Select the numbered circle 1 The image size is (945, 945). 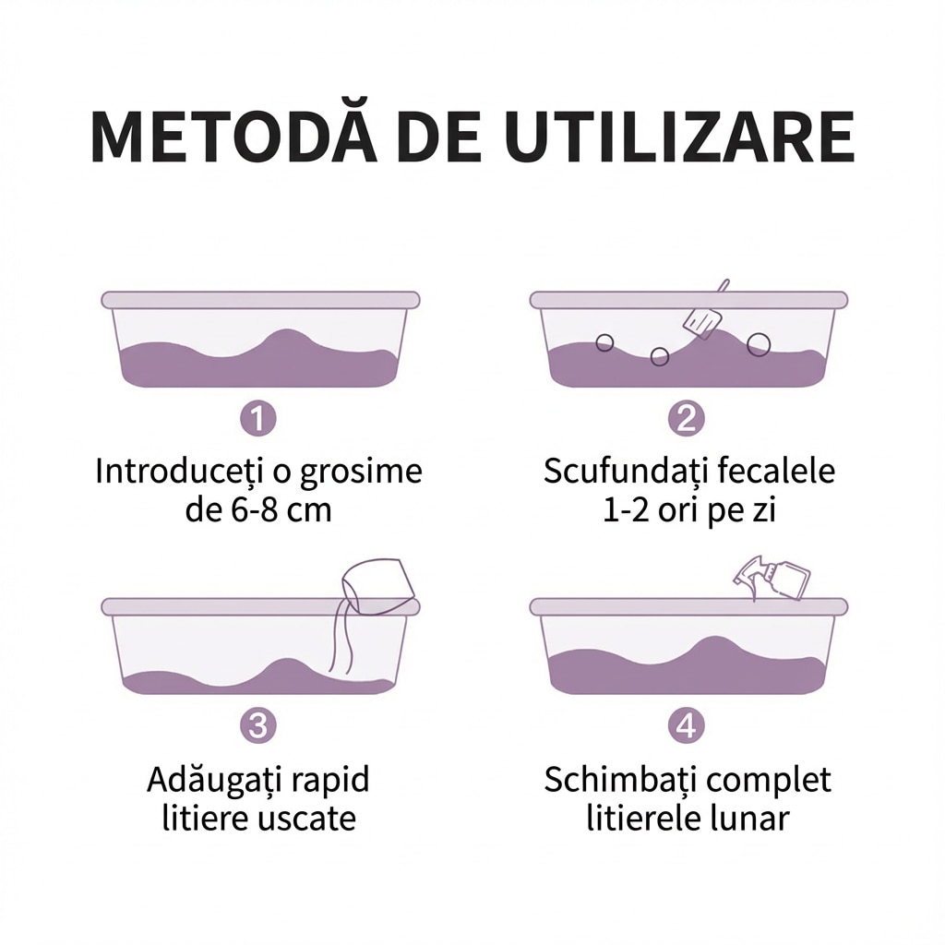point(258,418)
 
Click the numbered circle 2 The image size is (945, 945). point(687,418)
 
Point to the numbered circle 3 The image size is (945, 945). point(258,725)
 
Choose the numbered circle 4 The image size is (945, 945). point(687,725)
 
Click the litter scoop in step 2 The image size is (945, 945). point(705,314)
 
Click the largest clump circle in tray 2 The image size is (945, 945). point(759,344)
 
